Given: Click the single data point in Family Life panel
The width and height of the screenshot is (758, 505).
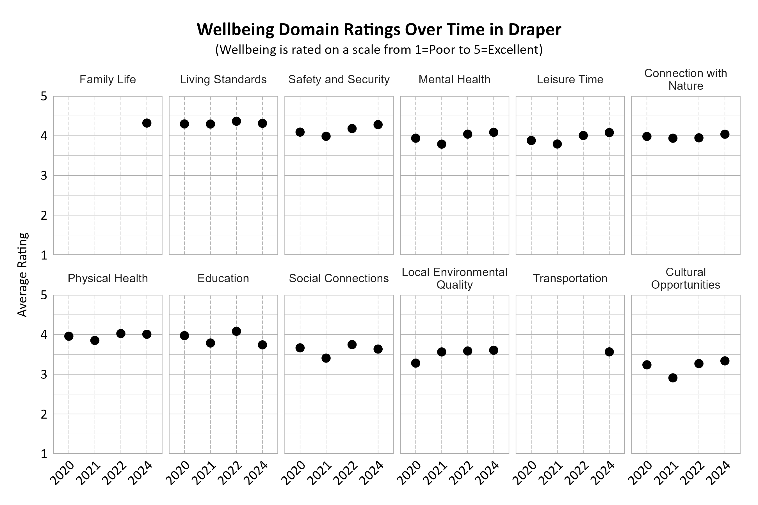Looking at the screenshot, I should (147, 123).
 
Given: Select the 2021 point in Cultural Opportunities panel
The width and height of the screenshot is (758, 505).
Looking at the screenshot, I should (673, 378).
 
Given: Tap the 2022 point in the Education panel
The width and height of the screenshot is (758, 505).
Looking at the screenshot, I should (236, 331).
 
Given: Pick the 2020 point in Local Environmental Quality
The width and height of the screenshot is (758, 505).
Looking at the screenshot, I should (416, 363).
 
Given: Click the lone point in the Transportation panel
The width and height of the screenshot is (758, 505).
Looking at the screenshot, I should (609, 352).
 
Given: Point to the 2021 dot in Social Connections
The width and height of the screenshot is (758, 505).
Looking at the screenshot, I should (326, 358).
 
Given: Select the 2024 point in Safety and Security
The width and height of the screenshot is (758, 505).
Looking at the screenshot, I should (378, 125).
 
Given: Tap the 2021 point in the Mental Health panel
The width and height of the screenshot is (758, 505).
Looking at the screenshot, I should (442, 144).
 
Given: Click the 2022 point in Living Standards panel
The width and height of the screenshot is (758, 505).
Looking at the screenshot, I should (236, 121).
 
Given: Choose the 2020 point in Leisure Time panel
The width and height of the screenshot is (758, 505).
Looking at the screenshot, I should (531, 141).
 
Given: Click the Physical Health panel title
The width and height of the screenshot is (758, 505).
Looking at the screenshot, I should (108, 278).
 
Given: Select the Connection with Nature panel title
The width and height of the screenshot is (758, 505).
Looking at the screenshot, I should (686, 80).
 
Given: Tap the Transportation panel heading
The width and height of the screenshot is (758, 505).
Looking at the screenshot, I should (570, 278).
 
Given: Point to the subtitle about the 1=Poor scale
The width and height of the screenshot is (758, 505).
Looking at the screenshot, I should (379, 50).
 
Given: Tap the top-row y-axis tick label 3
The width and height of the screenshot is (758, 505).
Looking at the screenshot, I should (44, 176).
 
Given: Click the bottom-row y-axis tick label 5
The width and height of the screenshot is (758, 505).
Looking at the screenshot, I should (44, 295).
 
